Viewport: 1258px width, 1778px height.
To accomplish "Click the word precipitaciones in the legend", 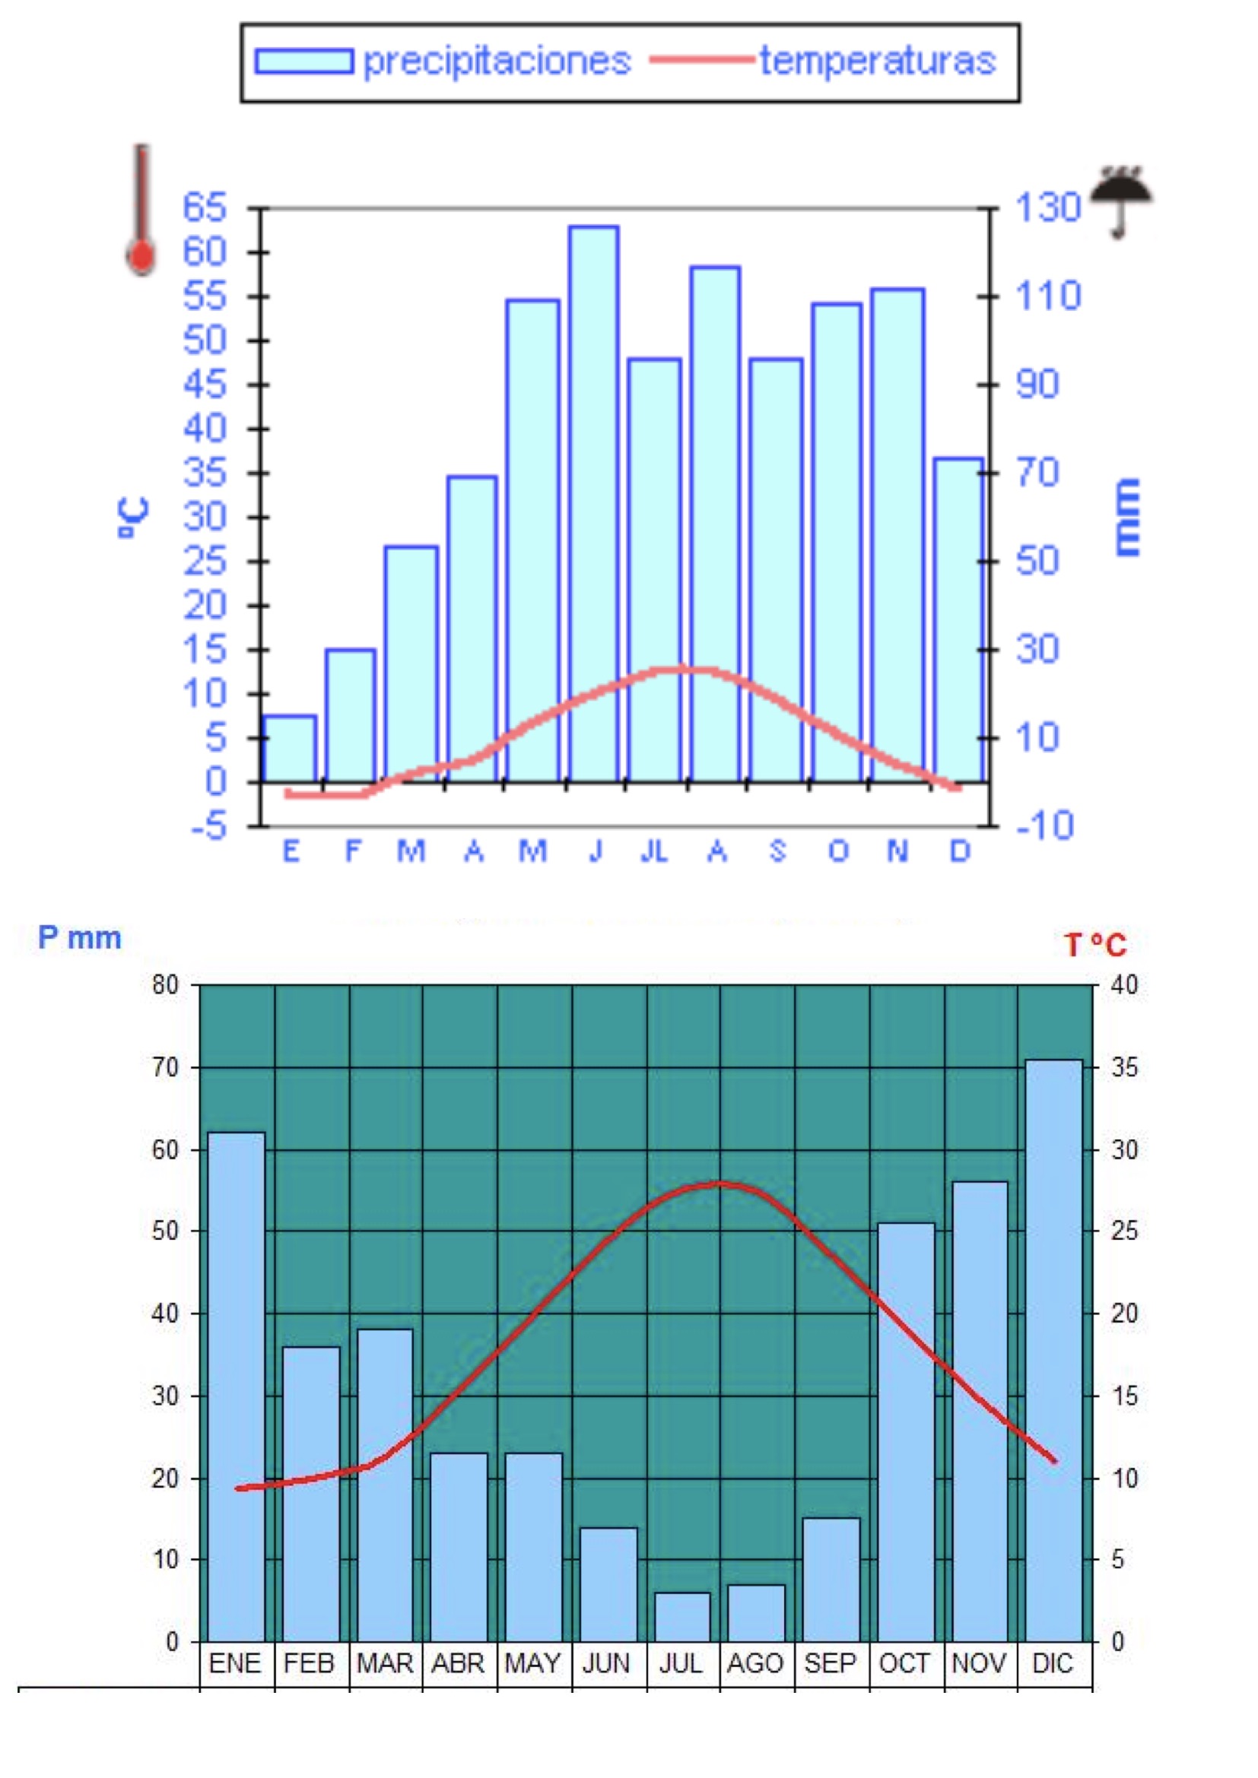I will (x=497, y=61).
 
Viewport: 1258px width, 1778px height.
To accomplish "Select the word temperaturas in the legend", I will (x=877, y=61).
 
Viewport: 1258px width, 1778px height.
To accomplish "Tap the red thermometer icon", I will (x=141, y=211).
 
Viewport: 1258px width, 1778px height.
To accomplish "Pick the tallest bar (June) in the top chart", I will (x=593, y=503).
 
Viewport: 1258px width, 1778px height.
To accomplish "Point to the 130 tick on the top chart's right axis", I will (x=1047, y=208).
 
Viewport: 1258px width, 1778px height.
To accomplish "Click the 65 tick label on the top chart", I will (x=205, y=208).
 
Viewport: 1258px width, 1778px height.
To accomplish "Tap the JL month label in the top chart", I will (x=655, y=852).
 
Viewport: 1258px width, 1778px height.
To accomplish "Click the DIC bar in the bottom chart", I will (x=1053, y=1351).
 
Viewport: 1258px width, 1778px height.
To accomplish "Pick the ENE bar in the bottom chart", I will (x=237, y=1387).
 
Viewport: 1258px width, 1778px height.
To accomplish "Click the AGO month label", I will (x=755, y=1663).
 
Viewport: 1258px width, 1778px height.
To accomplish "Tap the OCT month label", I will (x=904, y=1663).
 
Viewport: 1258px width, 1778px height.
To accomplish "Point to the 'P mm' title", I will (x=80, y=938).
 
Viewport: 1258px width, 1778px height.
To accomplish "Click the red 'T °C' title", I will (x=1094, y=945).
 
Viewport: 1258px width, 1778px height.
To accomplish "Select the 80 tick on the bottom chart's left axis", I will (x=165, y=985).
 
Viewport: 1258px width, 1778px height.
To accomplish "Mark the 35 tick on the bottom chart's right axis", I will (x=1125, y=1067).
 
